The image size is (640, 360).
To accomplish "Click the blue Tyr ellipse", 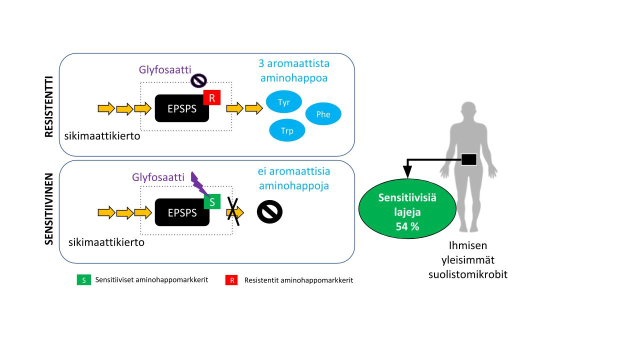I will click(x=283, y=102).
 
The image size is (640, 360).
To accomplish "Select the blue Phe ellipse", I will click(x=323, y=114).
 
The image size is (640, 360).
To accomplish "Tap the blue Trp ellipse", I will click(x=287, y=131).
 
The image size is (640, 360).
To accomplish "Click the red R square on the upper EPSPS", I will click(x=212, y=98).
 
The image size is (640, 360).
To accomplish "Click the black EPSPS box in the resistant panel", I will click(x=182, y=108).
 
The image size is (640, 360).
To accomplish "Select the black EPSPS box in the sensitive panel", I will click(x=182, y=212).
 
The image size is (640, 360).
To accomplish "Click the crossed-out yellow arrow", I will click(x=234, y=212).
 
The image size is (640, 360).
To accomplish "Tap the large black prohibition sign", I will click(x=269, y=212).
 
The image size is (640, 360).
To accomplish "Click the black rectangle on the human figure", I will click(x=468, y=159).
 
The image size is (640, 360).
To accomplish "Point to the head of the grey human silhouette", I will click(x=469, y=111).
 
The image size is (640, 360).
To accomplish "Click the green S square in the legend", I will click(x=83, y=280).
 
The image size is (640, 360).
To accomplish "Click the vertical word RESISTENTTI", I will click(x=49, y=105).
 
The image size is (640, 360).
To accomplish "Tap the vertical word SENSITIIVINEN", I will click(x=49, y=209).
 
